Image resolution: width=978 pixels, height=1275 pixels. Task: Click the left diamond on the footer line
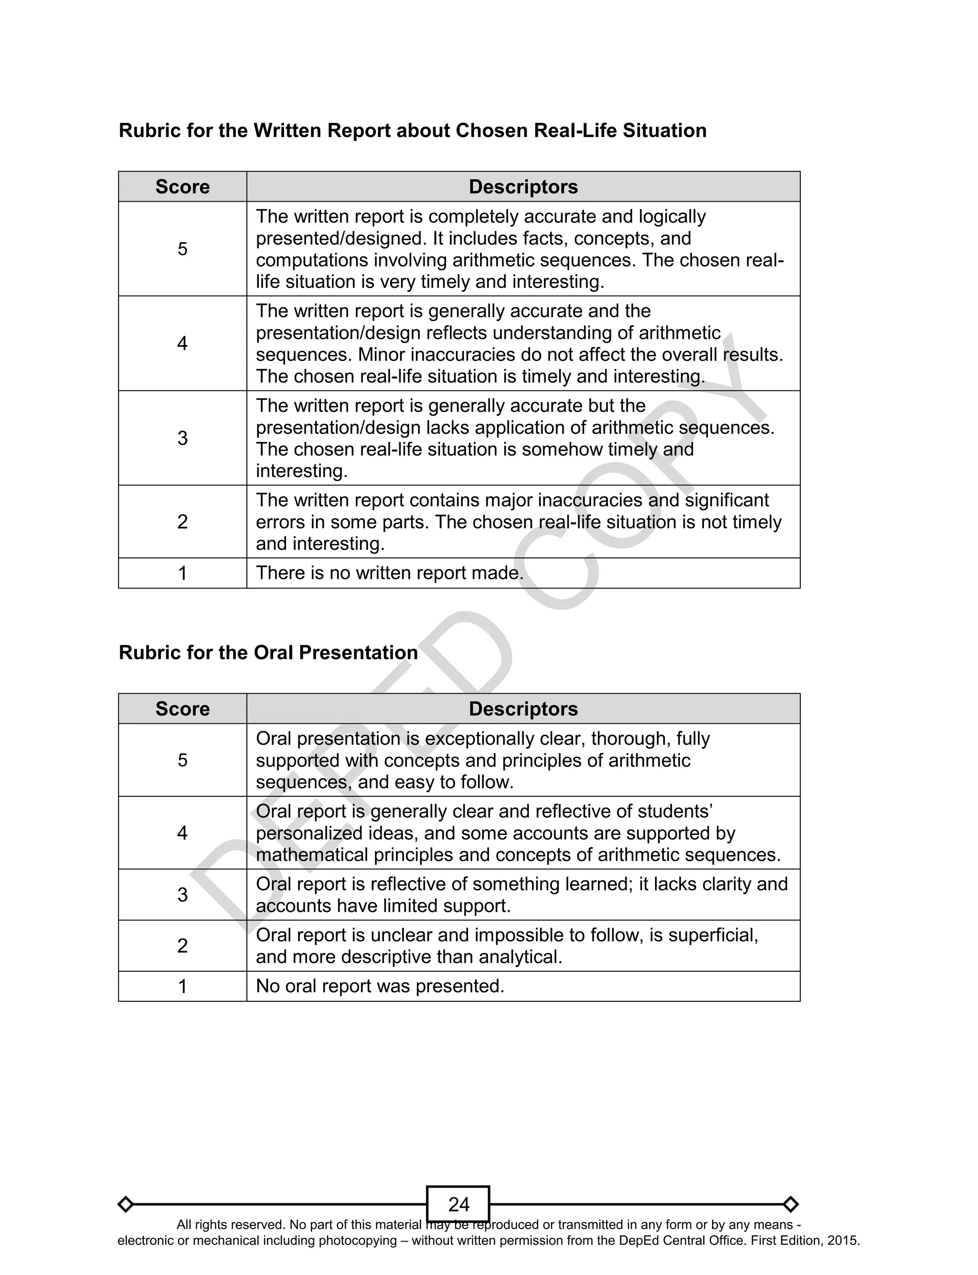coord(126,1203)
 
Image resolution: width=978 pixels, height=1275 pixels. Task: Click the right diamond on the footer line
coord(790,1203)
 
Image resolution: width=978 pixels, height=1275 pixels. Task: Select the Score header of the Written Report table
coord(182,187)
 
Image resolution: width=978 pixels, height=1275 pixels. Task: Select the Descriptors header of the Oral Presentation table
coord(523,708)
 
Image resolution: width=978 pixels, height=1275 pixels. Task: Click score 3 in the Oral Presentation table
coord(182,895)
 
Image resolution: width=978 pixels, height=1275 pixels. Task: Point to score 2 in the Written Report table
coord(182,522)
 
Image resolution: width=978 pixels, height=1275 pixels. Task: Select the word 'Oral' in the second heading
coord(273,653)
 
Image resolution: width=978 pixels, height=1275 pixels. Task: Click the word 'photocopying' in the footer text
coord(361,1241)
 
